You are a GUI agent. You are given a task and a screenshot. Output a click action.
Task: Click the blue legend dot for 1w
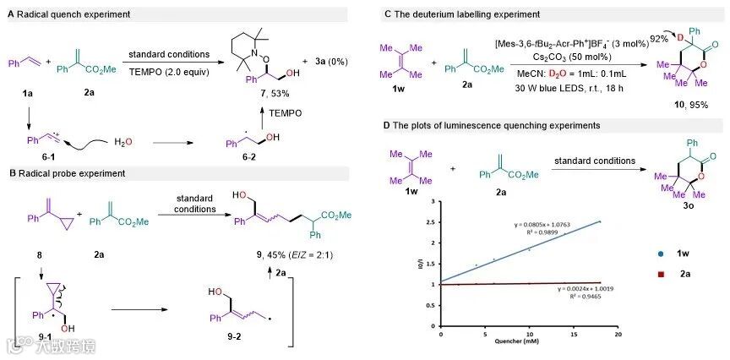659,252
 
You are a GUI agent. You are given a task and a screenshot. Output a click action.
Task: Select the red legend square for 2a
659,274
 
